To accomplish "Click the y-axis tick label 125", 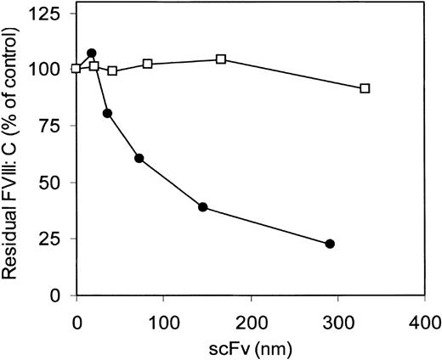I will tap(48, 14).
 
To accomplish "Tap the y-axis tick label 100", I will tap(48, 70).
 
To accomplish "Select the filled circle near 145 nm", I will tap(202, 207).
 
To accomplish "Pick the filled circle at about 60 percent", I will tap(139, 158).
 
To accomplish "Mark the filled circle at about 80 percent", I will tap(107, 113).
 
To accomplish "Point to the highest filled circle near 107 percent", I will tap(92, 53).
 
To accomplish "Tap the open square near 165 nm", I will tap(221, 59).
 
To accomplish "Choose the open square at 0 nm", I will tap(76, 69).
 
